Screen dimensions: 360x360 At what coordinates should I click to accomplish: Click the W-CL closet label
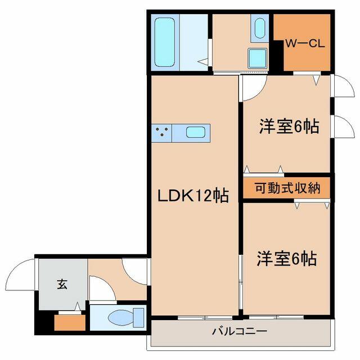pyautogui.click(x=305, y=43)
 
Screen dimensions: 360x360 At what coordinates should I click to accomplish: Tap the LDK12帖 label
pyautogui.click(x=193, y=196)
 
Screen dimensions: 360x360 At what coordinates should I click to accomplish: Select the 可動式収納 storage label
pyautogui.click(x=287, y=188)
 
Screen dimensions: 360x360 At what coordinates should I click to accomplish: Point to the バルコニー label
pyautogui.click(x=240, y=331)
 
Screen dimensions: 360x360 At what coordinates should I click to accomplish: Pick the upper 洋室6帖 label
pyautogui.click(x=289, y=126)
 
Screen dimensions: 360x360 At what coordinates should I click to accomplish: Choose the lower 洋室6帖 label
pyautogui.click(x=287, y=259)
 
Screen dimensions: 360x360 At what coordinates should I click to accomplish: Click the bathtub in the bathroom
pyautogui.click(x=165, y=43)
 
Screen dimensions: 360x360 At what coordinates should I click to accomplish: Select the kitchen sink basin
pyautogui.click(x=195, y=133)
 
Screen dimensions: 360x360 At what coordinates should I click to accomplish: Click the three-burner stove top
pyautogui.click(x=161, y=133)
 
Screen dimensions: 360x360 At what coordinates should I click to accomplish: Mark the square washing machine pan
pyautogui.click(x=258, y=58)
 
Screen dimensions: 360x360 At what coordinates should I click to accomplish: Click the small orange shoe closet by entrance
pyautogui.click(x=70, y=322)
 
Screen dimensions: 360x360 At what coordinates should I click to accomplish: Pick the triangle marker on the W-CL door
pyautogui.click(x=316, y=81)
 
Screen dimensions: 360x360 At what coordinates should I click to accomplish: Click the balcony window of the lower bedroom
pyautogui.click(x=276, y=317)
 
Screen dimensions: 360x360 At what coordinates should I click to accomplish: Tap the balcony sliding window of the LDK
pyautogui.click(x=205, y=317)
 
